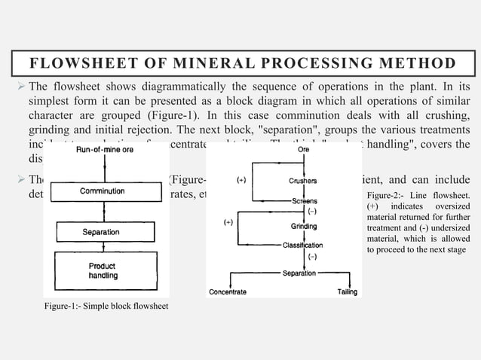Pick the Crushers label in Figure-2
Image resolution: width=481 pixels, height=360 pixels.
(303, 181)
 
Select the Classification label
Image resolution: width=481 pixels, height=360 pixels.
(302, 245)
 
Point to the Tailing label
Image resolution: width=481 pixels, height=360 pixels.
(347, 291)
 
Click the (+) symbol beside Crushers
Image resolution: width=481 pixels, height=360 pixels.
(241, 181)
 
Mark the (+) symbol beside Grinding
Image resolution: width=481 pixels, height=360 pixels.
(228, 224)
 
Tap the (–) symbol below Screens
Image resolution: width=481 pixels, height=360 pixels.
(311, 212)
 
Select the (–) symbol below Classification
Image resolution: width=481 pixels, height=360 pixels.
(311, 257)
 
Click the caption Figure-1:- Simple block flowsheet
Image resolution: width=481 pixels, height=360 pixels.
(106, 306)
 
